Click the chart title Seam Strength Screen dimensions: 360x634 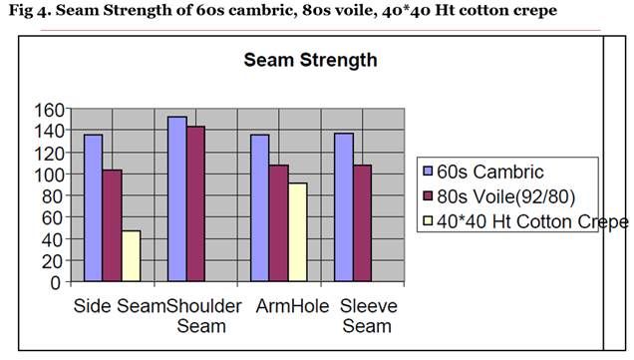(310, 60)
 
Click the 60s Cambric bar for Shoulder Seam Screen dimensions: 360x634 (177, 198)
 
